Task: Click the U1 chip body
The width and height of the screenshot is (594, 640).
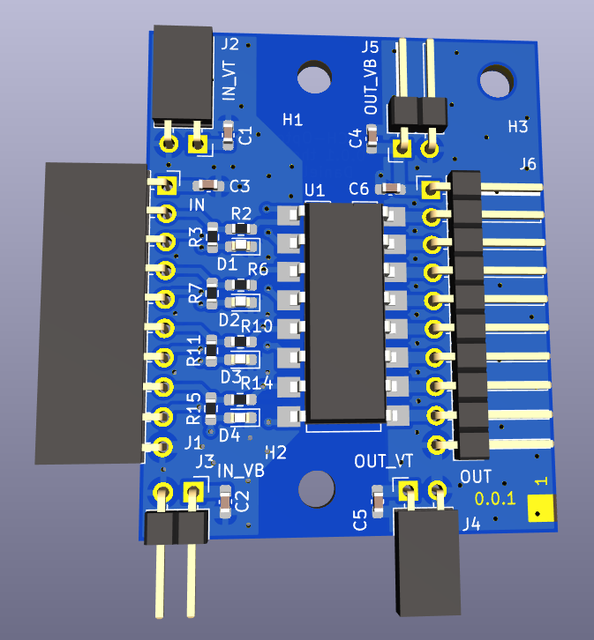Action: pos(346,312)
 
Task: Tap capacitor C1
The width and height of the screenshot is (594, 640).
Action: pos(229,135)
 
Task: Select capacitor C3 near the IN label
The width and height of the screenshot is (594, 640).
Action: pos(208,186)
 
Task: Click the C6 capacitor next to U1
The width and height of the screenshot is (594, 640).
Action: pos(392,188)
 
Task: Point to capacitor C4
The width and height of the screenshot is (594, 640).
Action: pos(372,138)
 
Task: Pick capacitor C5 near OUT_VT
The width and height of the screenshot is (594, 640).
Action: pos(378,502)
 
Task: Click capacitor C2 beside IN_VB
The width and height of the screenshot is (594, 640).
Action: pos(225,502)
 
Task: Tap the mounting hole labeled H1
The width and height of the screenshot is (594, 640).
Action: pos(314,77)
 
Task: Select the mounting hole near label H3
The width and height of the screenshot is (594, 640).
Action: pos(497,81)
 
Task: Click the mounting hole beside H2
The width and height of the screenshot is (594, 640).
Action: pos(317,489)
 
